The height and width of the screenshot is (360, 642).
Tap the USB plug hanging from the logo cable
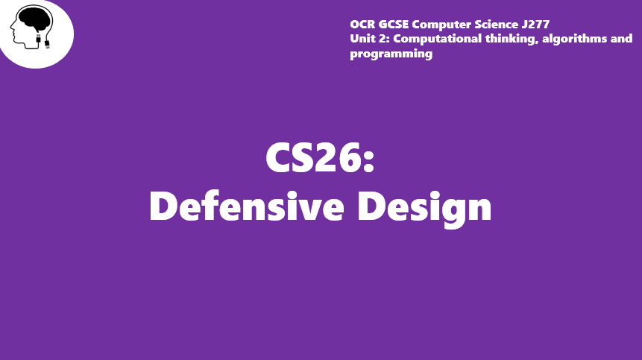[x=47, y=44]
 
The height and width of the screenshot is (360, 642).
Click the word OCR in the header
[x=362, y=25]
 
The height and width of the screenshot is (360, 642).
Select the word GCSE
[x=394, y=25]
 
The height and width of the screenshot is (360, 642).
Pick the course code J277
[x=535, y=25]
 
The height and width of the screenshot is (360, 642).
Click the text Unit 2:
[x=370, y=39]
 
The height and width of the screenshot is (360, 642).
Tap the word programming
[x=391, y=54]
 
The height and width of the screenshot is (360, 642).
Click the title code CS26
[x=313, y=157]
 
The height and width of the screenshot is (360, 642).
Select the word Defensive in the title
[x=247, y=206]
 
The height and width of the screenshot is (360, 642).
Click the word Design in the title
[x=424, y=208]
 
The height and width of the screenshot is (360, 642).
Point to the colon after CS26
[x=368, y=162]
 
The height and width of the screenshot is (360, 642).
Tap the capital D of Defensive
[x=163, y=206]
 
